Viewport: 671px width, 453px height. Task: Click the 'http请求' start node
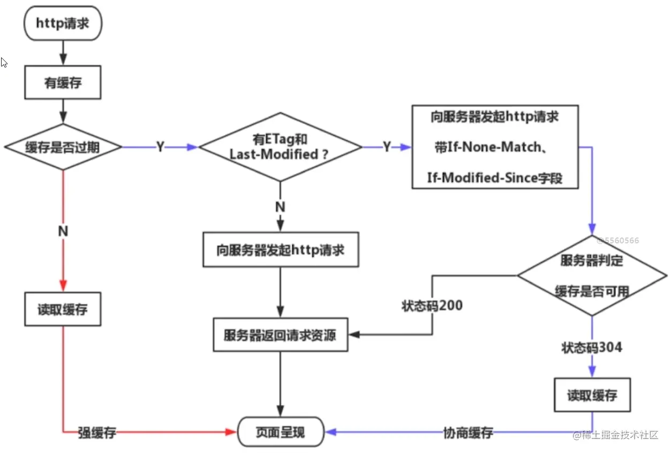63,23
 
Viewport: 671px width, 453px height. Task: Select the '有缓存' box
63,83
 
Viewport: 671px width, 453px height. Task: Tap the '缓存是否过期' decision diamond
63,147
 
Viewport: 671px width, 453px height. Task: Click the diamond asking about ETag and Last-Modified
281,147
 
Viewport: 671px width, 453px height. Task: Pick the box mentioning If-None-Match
495,147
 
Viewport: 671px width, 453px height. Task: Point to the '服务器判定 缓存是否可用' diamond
592,275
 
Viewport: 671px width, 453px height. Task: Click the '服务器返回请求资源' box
281,335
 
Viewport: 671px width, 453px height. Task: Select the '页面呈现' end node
281,432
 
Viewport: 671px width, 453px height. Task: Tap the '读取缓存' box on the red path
63,309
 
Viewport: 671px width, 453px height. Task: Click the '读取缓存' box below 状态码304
592,395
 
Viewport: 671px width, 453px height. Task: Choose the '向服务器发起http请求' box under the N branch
281,249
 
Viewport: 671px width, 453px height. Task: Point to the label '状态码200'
432,306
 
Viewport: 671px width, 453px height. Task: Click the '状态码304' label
592,347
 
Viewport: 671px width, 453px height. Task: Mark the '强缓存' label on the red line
97,433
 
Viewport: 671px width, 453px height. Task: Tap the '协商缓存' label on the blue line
468,433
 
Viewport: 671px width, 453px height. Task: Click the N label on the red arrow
63,231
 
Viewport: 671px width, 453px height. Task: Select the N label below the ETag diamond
281,207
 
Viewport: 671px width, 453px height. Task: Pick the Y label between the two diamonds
161,147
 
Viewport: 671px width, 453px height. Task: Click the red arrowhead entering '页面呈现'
231,432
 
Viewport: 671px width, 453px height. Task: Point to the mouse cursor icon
4,63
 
